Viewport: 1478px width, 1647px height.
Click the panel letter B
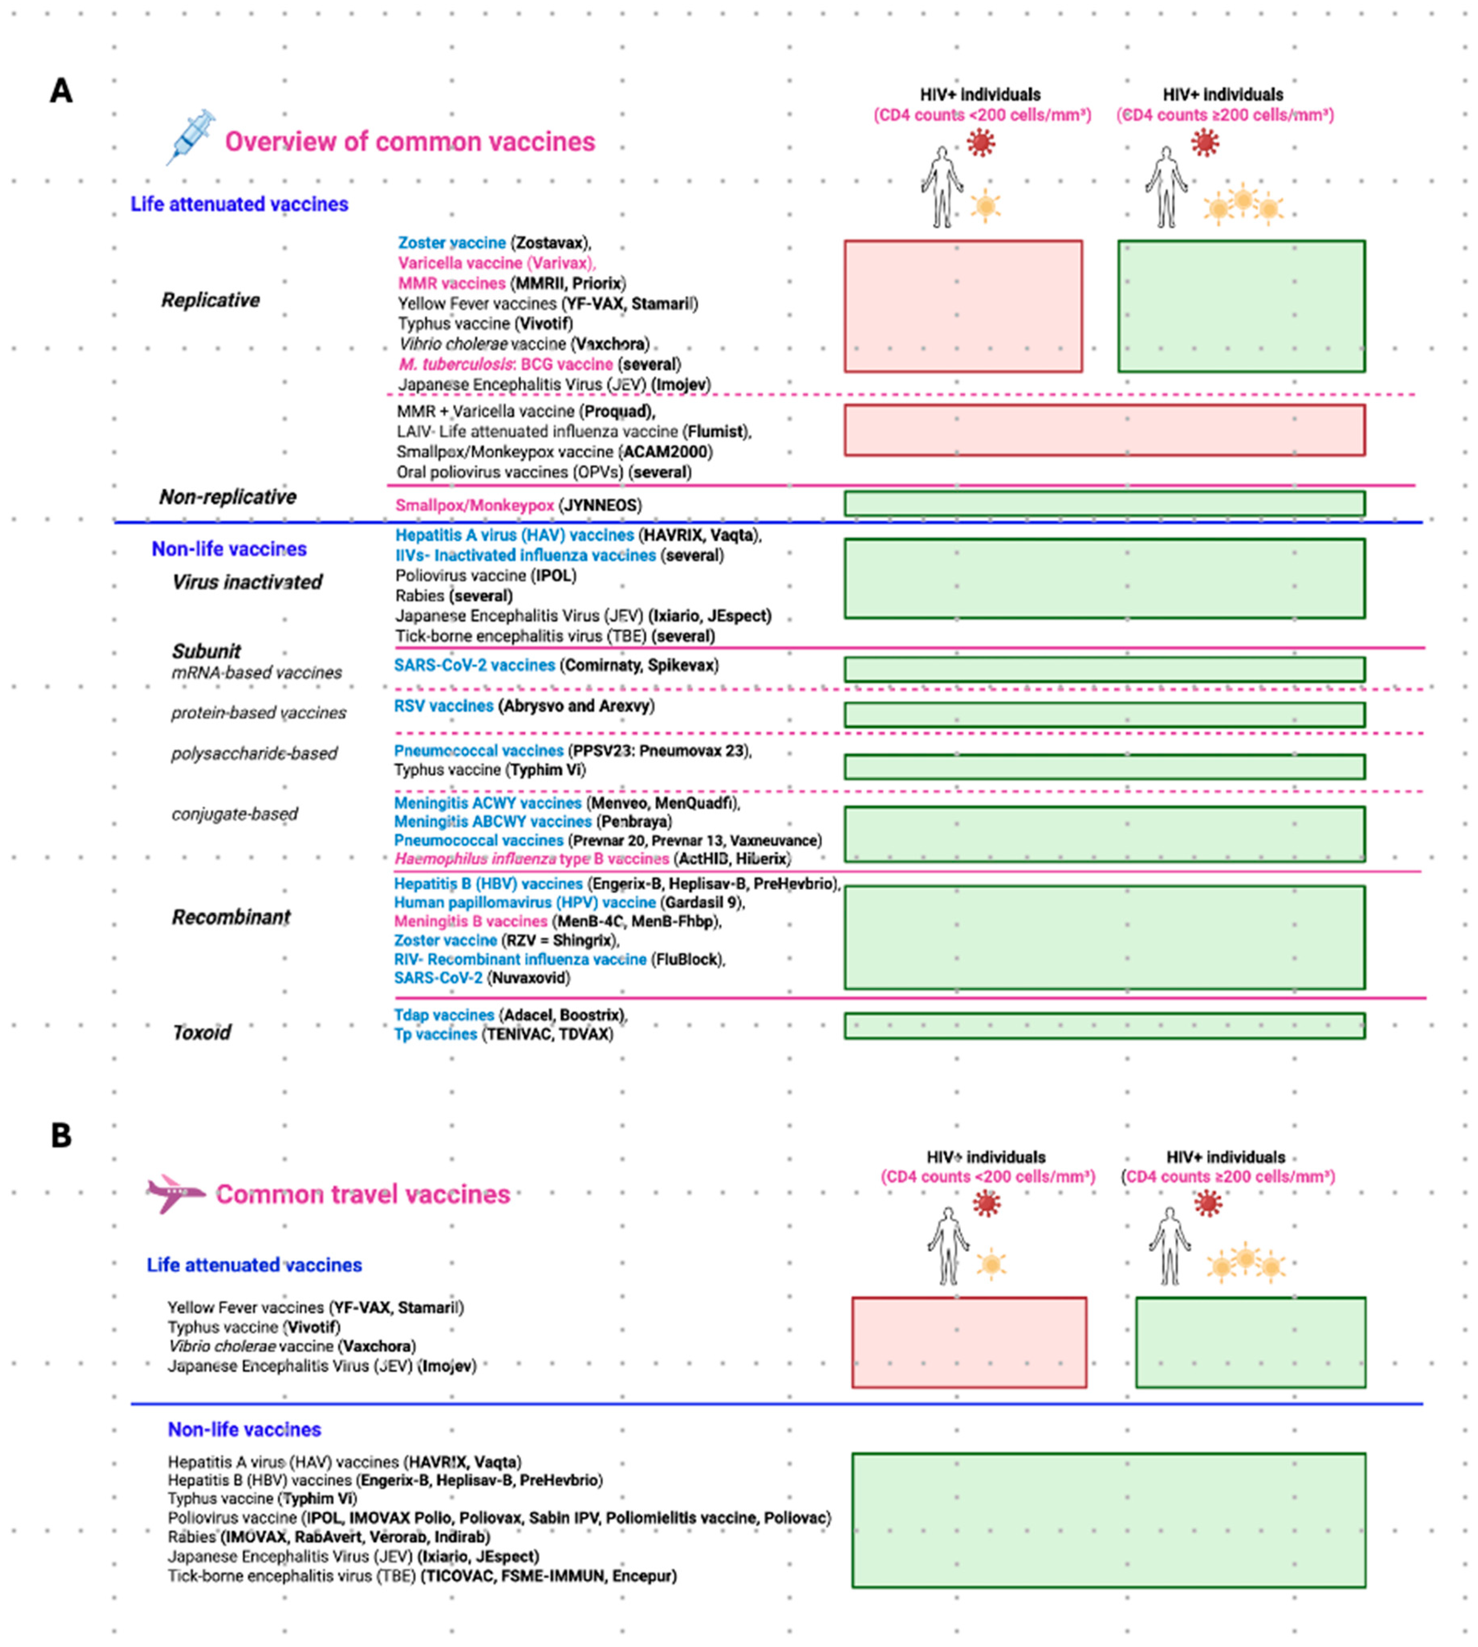[x=61, y=1135]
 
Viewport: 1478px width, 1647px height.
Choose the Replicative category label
[x=210, y=300]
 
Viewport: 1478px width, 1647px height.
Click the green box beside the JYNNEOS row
[x=1104, y=503]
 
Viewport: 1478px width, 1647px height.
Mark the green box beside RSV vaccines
[x=1104, y=714]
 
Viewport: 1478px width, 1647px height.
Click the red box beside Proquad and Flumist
[x=1104, y=430]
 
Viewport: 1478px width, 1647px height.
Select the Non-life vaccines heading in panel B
[x=244, y=1430]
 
